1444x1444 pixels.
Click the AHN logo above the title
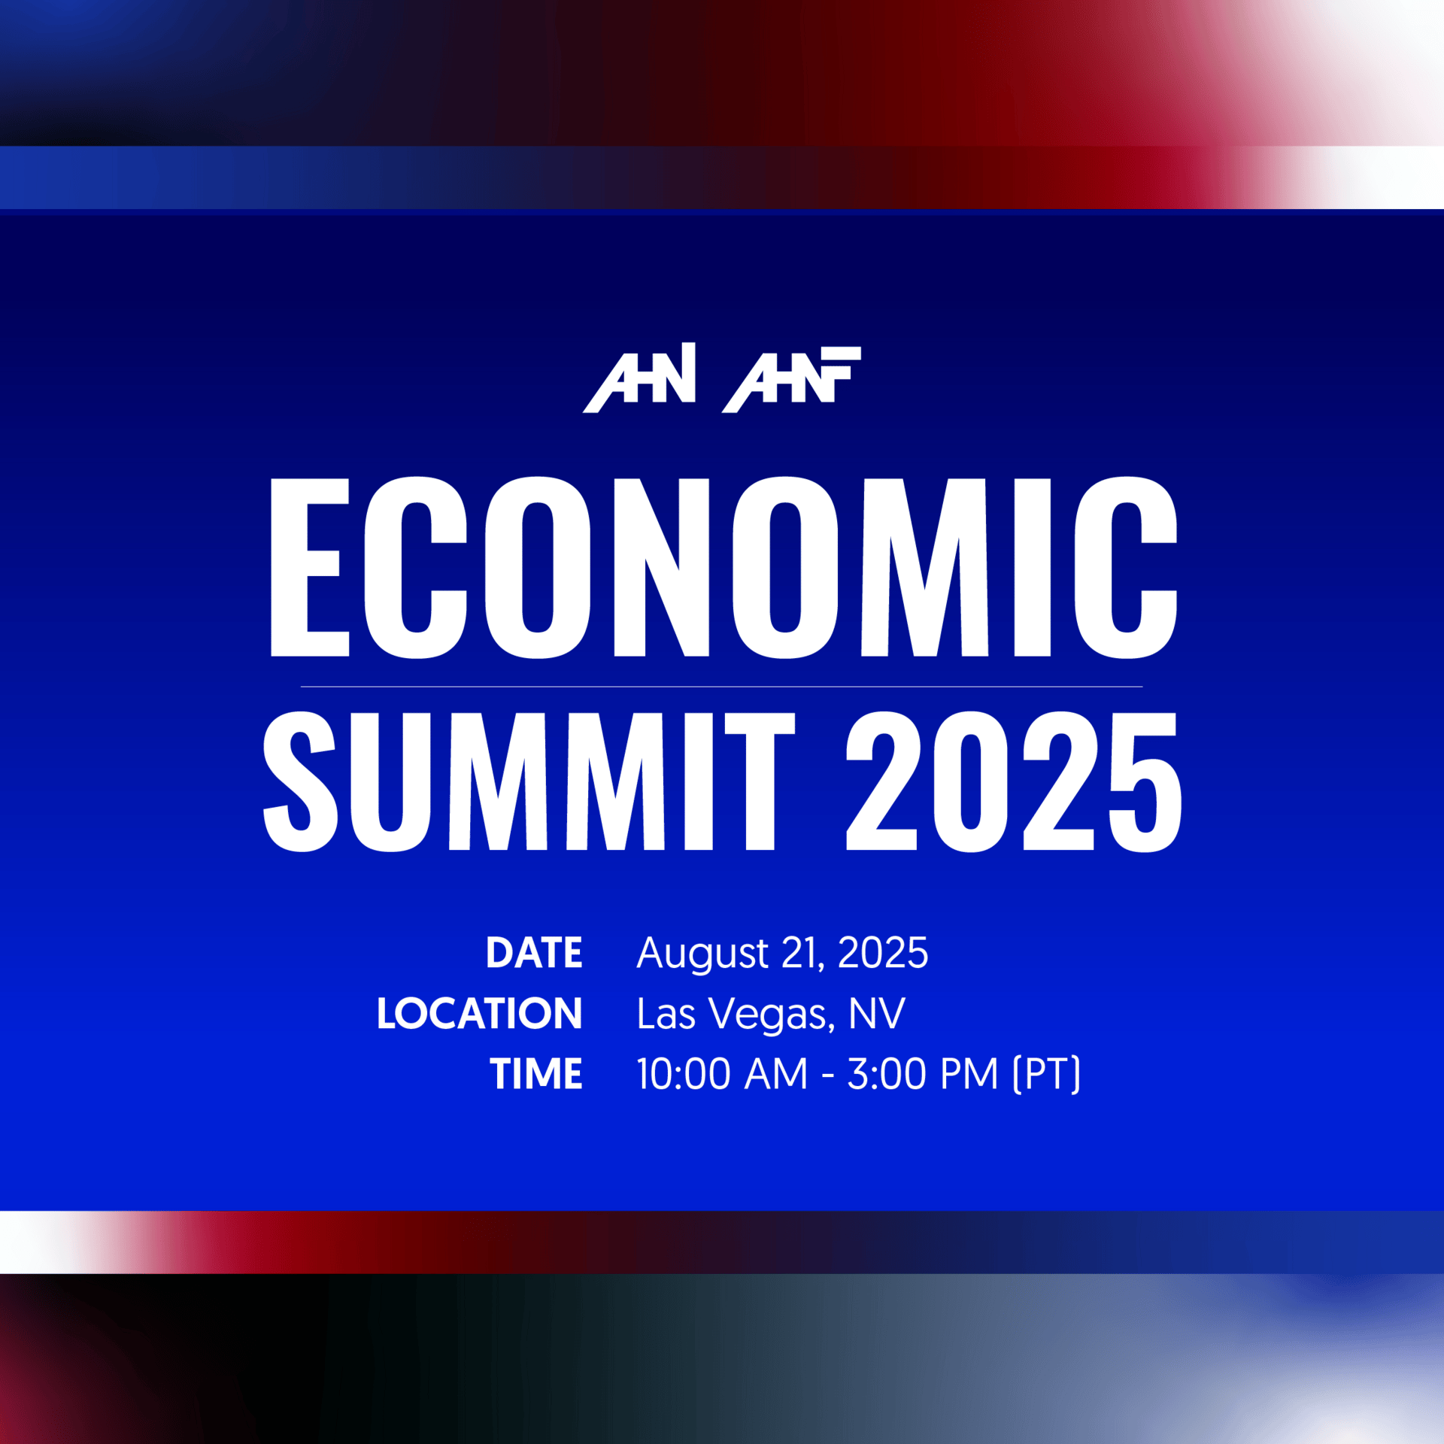click(639, 378)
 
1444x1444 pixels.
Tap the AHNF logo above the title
click(791, 380)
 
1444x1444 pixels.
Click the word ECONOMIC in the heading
click(724, 567)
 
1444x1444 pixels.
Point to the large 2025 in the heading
click(1014, 781)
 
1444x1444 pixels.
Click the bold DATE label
click(534, 953)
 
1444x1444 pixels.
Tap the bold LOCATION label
click(480, 1013)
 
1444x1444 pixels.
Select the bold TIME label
click(536, 1073)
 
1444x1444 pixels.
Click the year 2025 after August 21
click(883, 953)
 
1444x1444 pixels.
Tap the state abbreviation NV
click(877, 1013)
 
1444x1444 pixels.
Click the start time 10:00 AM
click(722, 1073)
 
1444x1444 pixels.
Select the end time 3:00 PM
click(923, 1073)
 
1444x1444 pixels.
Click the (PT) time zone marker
click(1047, 1074)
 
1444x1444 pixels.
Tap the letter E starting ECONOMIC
click(310, 567)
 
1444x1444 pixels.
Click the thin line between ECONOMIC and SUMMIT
click(721, 687)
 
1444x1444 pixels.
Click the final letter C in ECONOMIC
click(1126, 567)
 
